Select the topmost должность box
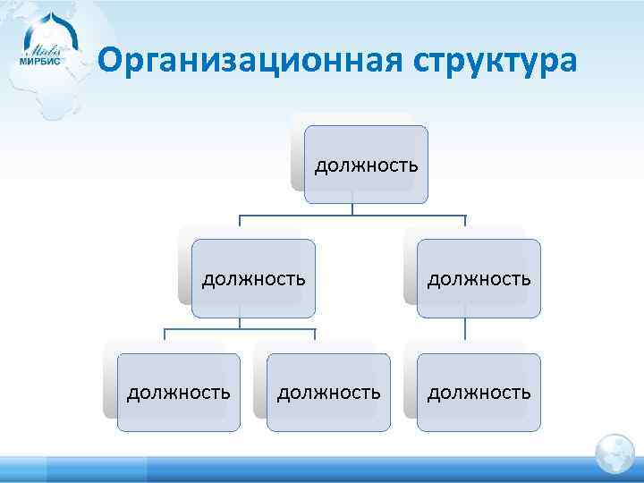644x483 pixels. coord(366,165)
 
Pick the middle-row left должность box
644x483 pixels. coord(253,278)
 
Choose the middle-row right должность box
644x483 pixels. coord(479,278)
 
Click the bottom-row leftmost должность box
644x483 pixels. coord(178,392)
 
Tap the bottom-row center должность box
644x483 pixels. coord(328,392)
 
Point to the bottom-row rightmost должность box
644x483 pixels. coord(479,392)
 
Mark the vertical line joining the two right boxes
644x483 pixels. coord(464,329)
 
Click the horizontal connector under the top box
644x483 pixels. coord(352,216)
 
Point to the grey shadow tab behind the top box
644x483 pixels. coord(297,152)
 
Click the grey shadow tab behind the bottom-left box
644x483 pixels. coord(110,380)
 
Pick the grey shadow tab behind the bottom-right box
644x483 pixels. coord(410,380)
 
